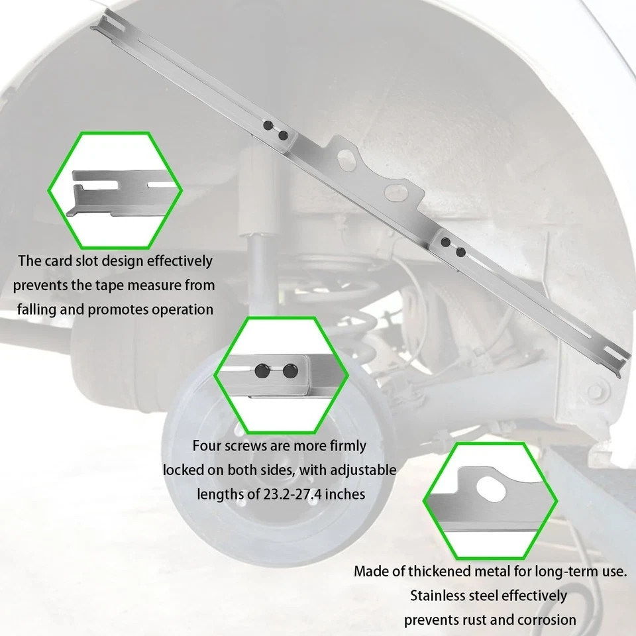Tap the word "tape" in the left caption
[x=109, y=286]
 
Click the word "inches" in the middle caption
[x=345, y=494]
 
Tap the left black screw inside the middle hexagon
[x=262, y=370]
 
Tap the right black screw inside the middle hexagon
[x=290, y=371]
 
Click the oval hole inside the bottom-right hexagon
[x=491, y=490]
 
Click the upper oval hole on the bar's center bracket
[x=346, y=159]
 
